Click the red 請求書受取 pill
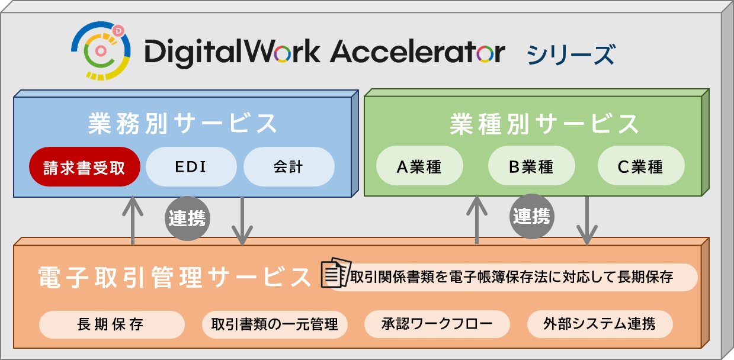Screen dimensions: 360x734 click(84, 167)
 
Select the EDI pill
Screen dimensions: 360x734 click(191, 167)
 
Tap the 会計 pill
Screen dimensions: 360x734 click(289, 167)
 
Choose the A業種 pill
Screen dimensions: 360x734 click(419, 167)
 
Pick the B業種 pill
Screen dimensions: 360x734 click(531, 167)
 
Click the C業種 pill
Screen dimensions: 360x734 click(640, 167)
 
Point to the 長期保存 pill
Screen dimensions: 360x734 click(111, 324)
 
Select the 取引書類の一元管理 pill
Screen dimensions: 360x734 click(274, 324)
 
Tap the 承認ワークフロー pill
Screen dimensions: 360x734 click(437, 324)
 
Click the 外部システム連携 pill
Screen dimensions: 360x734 click(600, 324)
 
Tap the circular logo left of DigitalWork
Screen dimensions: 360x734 click(101, 50)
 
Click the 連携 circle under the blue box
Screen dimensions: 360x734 click(187, 218)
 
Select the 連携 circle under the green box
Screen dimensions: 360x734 click(531, 217)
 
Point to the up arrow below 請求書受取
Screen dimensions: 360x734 click(133, 219)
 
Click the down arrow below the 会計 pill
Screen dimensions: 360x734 click(242, 221)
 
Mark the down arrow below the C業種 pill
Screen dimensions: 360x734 click(586, 220)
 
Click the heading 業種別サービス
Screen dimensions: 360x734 click(544, 124)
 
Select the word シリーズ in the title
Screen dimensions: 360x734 click(570, 54)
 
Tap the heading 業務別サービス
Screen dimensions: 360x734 click(183, 123)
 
